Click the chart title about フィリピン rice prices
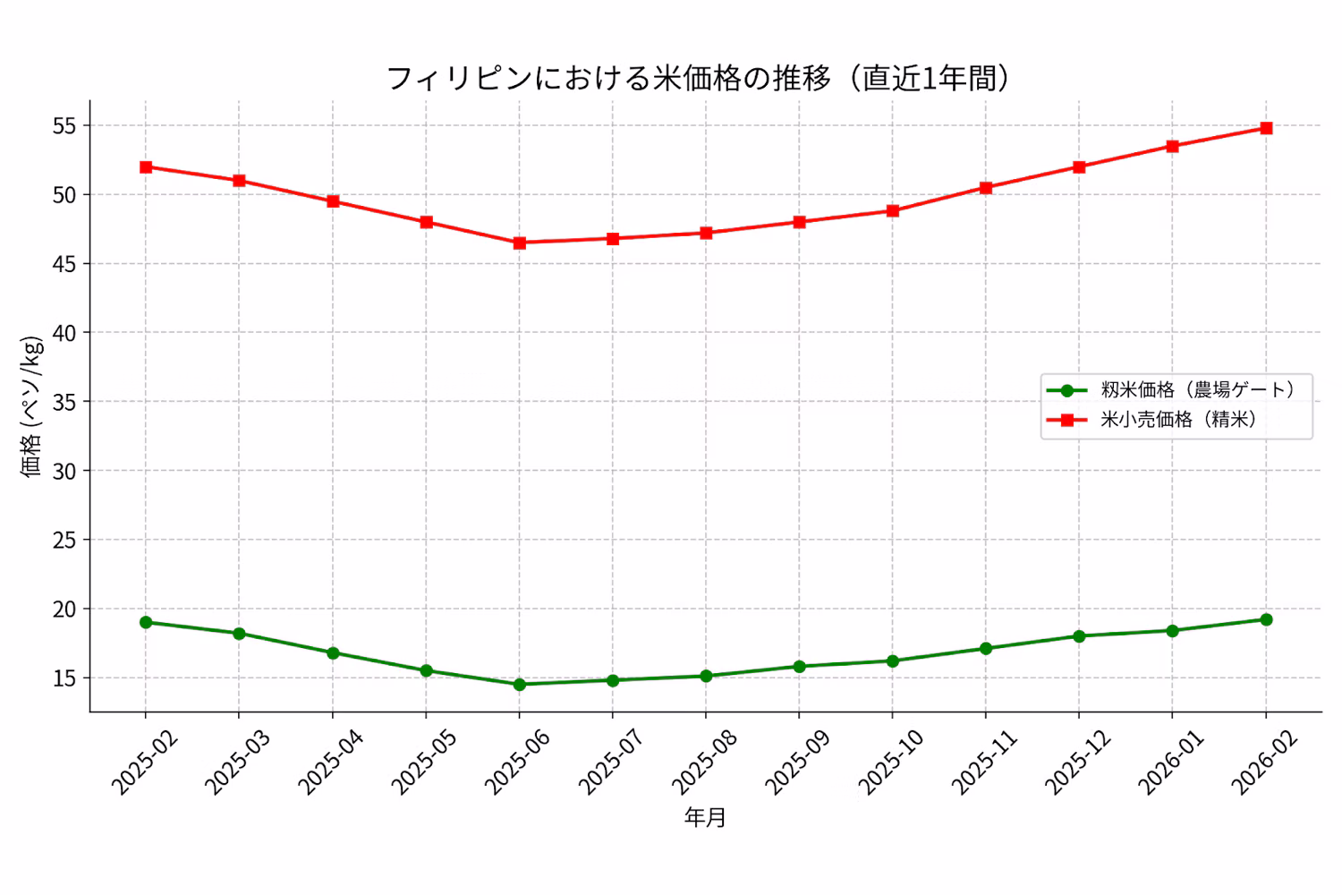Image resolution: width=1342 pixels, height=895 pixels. [698, 79]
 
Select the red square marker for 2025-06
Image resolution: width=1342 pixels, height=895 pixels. [519, 243]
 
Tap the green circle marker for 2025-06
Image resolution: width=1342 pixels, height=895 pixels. [519, 684]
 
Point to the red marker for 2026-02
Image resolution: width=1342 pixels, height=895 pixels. [1266, 128]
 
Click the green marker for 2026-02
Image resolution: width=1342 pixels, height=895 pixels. [1266, 619]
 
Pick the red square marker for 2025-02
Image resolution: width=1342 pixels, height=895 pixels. [146, 166]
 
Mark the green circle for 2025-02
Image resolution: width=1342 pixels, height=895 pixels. [146, 622]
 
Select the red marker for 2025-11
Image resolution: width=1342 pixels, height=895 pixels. [986, 188]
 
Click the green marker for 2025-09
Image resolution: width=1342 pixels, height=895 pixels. [799, 666]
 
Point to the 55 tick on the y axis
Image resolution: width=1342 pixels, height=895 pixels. [64, 126]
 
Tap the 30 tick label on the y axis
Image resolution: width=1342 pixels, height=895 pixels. [64, 471]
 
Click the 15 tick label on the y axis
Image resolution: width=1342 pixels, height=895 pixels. [64, 678]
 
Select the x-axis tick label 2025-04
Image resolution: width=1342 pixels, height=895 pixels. [331, 762]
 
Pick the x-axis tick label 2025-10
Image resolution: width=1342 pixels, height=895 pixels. [891, 762]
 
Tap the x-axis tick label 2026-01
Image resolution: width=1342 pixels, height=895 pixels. [1171, 762]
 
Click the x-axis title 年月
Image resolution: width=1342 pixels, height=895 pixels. [705, 817]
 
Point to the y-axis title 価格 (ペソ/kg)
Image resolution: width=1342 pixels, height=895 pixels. [32, 406]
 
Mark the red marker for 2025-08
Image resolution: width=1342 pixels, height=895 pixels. [706, 233]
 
